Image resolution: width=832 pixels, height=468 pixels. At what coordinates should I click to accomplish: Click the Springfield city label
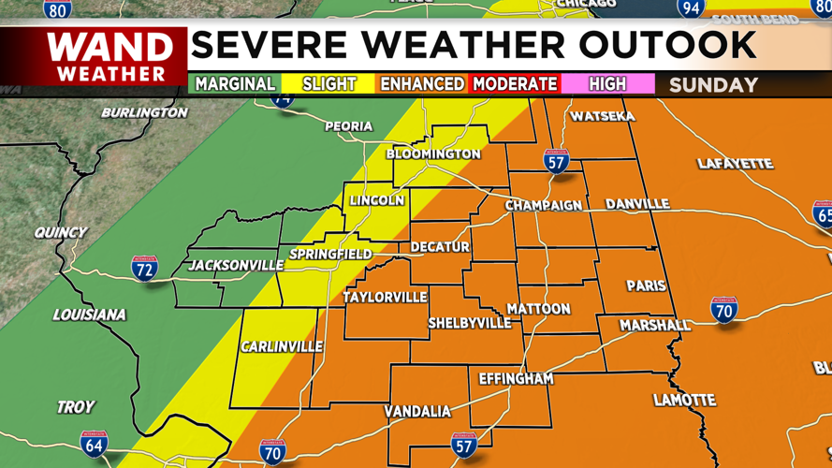click(330, 255)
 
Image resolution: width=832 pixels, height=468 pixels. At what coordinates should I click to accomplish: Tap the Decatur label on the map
click(440, 247)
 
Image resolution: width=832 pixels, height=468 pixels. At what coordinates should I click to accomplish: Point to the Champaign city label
click(544, 205)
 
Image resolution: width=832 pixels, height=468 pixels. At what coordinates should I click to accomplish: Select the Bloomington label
click(433, 154)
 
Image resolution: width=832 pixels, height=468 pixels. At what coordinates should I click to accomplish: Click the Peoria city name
click(348, 126)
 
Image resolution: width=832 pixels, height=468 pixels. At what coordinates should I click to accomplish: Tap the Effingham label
click(516, 379)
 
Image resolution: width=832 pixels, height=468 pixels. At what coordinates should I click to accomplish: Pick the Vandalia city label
click(417, 412)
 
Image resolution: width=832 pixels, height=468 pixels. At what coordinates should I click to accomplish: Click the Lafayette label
click(735, 164)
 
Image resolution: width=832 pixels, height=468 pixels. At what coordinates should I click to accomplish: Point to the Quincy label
click(61, 232)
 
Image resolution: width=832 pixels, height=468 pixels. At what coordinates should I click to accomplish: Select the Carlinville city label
click(282, 347)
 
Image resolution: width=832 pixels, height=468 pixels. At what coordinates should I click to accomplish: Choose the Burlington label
click(144, 112)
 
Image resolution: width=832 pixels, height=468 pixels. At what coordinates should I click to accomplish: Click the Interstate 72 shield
click(144, 268)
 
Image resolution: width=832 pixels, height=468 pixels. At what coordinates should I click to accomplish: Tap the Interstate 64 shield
click(94, 446)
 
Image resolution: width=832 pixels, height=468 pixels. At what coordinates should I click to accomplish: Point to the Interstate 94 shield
click(691, 8)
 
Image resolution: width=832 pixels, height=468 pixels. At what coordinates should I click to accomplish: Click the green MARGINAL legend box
click(235, 84)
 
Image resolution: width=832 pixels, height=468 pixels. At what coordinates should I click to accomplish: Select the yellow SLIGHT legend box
click(328, 84)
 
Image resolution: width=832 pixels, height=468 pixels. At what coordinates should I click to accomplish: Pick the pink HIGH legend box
click(607, 84)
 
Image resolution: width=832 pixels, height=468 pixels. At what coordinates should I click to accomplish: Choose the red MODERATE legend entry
click(515, 84)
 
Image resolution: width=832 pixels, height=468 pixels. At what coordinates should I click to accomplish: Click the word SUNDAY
click(713, 85)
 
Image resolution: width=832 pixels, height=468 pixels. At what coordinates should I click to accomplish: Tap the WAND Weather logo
click(110, 56)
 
